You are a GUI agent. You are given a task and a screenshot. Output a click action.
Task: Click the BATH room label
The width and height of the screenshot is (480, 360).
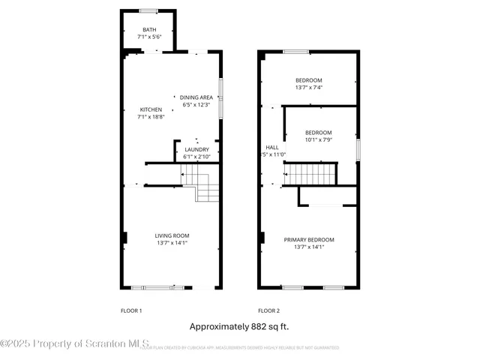pos(150,30)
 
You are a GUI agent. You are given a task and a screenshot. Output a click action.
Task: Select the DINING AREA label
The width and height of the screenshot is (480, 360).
pos(196,97)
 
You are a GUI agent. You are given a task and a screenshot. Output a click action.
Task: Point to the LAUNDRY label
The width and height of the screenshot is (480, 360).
pos(196,150)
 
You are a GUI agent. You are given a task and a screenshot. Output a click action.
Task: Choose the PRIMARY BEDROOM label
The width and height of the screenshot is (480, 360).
pos(309,240)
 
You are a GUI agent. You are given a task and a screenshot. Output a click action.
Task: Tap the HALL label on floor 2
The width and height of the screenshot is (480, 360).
pos(271,147)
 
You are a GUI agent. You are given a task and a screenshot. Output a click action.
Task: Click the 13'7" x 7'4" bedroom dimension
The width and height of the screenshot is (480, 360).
pos(309,88)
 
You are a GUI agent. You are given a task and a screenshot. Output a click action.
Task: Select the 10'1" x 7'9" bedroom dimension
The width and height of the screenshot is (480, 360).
pos(318,139)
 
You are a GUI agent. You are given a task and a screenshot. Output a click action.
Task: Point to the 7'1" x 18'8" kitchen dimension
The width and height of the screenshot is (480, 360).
pos(151,117)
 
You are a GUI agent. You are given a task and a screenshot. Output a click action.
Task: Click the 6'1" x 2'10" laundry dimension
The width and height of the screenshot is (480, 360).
pos(196,157)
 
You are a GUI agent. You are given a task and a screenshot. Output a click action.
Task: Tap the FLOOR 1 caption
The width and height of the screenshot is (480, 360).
pos(131,310)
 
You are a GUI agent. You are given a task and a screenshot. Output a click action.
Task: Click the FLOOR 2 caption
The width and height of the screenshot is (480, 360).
pos(268,310)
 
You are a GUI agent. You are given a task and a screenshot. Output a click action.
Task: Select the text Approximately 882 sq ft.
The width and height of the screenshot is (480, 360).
pos(239,326)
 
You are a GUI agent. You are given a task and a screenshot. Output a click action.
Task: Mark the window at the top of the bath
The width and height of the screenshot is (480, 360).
pos(148,10)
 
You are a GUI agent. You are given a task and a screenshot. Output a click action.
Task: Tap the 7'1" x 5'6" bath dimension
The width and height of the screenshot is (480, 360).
pos(150,37)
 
